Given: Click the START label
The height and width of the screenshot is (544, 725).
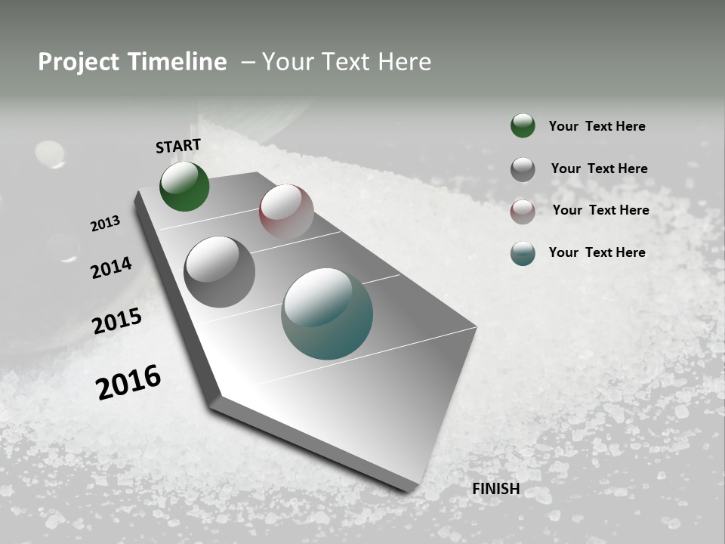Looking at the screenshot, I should click(x=178, y=146).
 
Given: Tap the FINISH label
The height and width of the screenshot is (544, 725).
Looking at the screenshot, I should click(x=495, y=489).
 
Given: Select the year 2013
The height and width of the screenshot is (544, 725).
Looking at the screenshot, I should click(x=105, y=224).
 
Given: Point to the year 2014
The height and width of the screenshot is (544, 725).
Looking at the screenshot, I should click(x=111, y=268).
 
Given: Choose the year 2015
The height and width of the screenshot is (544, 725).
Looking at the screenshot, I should click(x=117, y=322).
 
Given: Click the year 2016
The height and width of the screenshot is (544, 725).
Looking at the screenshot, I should click(x=128, y=382).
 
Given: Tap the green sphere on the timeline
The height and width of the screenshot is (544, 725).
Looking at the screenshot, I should click(x=184, y=187).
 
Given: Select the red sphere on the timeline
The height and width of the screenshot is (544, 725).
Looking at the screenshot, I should click(x=286, y=211).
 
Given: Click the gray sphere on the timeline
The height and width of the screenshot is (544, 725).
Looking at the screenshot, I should click(x=219, y=271).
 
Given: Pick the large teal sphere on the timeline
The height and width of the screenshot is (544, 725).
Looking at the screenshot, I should click(x=327, y=314).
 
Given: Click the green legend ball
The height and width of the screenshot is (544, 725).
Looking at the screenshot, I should click(x=523, y=125).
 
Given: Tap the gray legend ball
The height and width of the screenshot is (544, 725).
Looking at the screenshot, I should click(x=523, y=169).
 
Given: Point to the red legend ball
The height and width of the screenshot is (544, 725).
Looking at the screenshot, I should click(x=523, y=212).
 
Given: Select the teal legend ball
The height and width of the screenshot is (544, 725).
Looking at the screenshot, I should click(x=523, y=253).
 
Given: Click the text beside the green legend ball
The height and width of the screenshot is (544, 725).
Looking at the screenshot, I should click(x=597, y=126).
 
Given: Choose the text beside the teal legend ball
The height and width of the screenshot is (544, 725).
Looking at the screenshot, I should click(x=597, y=252).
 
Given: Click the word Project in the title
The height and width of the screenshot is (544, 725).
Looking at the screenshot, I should click(x=79, y=62).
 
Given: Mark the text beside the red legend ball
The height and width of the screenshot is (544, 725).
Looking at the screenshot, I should click(x=600, y=210).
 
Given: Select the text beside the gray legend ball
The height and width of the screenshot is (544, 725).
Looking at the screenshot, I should click(x=599, y=168).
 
